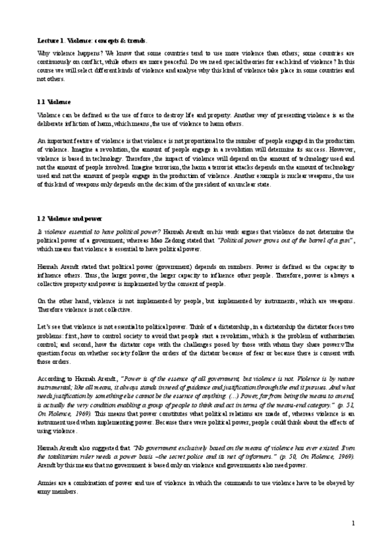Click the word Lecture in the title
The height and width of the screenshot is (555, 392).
point(48,40)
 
